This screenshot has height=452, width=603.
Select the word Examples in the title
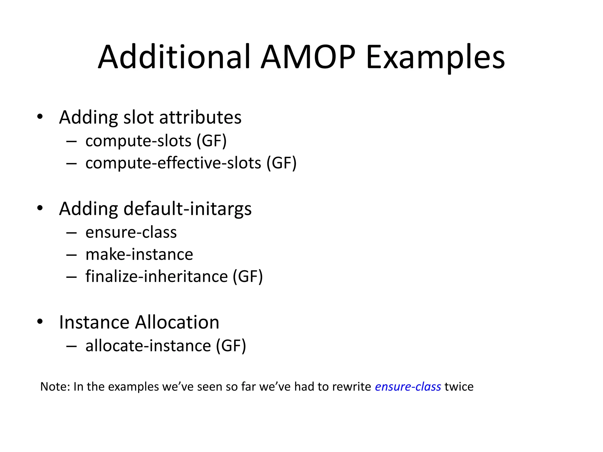click(435, 57)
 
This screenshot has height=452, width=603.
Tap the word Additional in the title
click(174, 57)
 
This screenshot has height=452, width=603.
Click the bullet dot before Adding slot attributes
click(40, 117)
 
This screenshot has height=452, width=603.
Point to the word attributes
click(200, 117)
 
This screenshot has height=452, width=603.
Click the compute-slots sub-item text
click(138, 141)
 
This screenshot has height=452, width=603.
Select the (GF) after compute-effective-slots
click(281, 163)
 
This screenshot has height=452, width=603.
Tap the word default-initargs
click(188, 209)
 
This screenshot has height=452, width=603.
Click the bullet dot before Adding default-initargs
click(40, 208)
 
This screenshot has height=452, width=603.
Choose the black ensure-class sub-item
click(131, 232)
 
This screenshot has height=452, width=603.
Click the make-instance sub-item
click(139, 255)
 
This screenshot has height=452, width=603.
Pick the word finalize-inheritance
click(157, 277)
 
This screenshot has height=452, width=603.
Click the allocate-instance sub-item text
click(148, 346)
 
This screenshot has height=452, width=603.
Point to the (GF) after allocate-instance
click(231, 346)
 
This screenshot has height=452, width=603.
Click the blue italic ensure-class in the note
click(408, 387)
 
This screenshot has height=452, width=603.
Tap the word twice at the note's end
click(459, 387)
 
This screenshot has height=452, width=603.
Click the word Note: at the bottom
click(55, 387)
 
